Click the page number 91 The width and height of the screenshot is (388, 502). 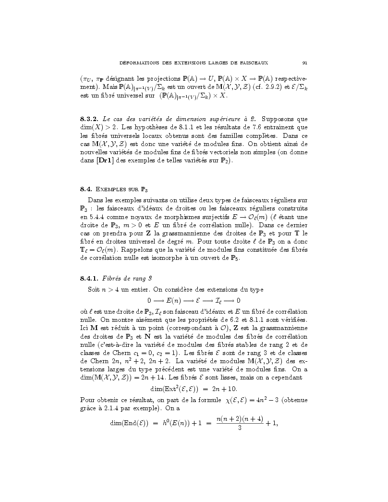pos(304,62)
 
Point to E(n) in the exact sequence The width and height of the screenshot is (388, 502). pos(175,301)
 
